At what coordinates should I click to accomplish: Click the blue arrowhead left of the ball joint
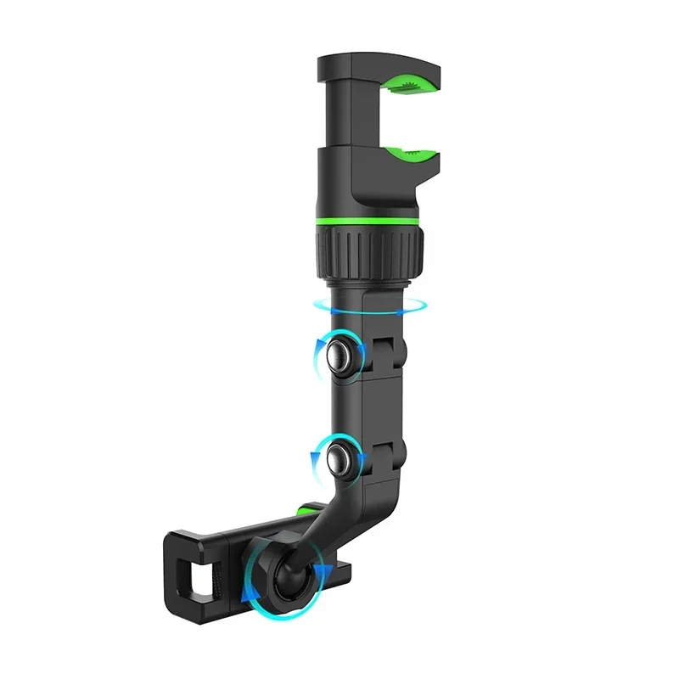[245, 595]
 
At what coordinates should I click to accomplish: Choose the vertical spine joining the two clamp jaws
[339, 119]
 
